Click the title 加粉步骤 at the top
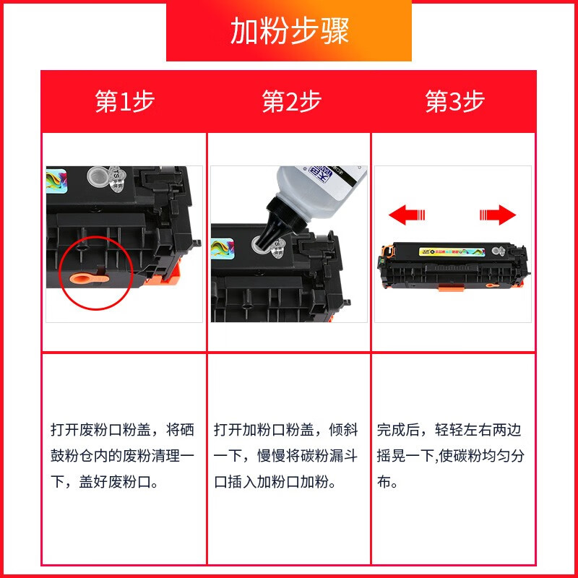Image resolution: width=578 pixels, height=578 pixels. coord(289,31)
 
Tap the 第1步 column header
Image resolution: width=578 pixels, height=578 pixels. coord(124,102)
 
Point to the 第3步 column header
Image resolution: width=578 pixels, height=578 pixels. coord(454,102)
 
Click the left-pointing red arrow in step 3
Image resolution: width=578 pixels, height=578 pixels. coord(407,215)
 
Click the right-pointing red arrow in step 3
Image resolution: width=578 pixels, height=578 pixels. coord(498,215)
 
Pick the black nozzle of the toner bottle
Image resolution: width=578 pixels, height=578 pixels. coord(272,225)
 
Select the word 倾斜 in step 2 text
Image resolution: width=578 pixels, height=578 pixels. coord(343,431)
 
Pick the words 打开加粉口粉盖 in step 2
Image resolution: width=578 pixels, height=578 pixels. coord(263,431)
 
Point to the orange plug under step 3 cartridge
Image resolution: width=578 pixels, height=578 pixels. coord(491,285)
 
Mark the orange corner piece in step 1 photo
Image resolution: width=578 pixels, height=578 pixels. coord(171,275)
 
